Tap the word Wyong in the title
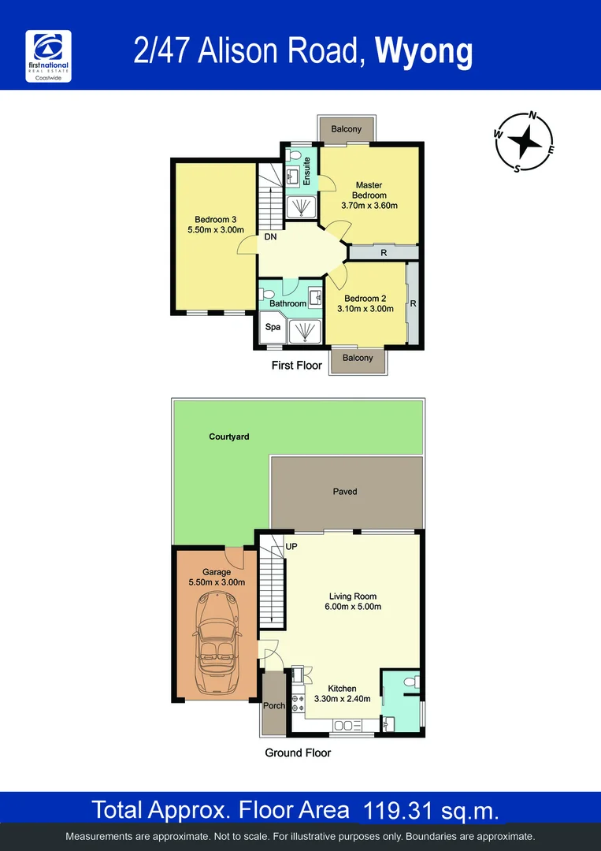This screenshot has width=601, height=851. (x=424, y=51)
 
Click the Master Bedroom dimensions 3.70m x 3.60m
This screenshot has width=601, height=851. (x=369, y=206)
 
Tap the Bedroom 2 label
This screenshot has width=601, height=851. (x=365, y=298)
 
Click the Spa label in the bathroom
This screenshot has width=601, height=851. (x=273, y=326)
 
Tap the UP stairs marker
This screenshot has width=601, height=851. (x=291, y=546)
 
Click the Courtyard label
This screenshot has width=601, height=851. (x=229, y=437)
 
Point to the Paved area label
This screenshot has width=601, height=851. (x=344, y=492)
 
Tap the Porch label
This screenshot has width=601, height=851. (x=273, y=706)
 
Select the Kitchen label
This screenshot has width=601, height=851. (x=343, y=689)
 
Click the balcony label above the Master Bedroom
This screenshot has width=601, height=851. (x=347, y=129)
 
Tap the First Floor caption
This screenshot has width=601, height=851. (x=296, y=366)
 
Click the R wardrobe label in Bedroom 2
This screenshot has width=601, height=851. (x=413, y=303)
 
